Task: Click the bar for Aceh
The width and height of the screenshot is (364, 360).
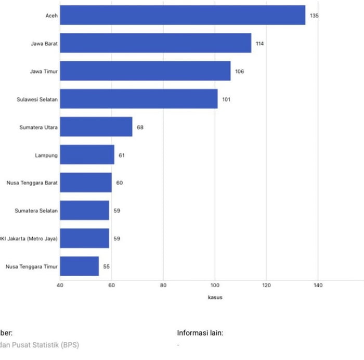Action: coord(182,15)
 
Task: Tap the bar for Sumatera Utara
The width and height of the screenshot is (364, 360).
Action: coord(96,127)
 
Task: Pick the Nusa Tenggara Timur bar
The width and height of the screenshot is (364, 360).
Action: coord(79,266)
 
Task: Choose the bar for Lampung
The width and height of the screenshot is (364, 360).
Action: coord(87,155)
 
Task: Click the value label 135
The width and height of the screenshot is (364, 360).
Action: coord(314,16)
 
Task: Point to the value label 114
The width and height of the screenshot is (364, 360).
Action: coord(259,44)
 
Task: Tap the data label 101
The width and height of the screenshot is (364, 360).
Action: coord(226,99)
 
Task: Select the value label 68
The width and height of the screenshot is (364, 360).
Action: coord(140,127)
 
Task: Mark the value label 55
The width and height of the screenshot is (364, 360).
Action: coord(107,266)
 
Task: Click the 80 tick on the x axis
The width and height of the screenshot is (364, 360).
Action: coord(163,285)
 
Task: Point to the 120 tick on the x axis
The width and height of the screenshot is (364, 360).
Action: coord(266,285)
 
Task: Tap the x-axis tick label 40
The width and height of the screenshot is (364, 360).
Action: coord(60,285)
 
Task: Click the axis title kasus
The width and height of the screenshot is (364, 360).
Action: coord(215,298)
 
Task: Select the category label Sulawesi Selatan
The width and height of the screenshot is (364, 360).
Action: coord(37,99)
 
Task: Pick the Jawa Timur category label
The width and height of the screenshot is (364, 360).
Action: coord(44,71)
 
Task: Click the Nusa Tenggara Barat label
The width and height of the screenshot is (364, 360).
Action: coord(32,183)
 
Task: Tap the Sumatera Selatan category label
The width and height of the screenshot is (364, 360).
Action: coord(37,211)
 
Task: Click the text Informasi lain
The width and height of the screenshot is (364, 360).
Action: coord(200,333)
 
